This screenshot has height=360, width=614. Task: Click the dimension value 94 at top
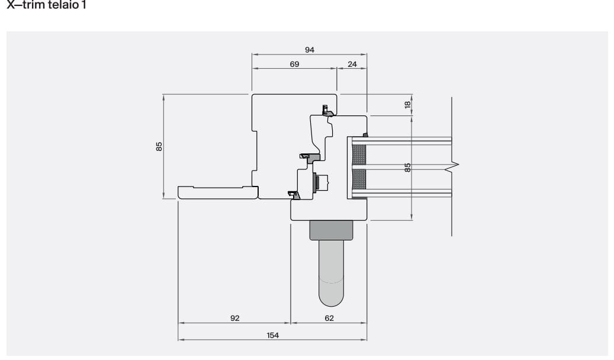pyautogui.click(x=309, y=50)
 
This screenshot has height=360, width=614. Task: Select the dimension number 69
pyautogui.click(x=294, y=64)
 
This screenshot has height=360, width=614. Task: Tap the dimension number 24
pyautogui.click(x=352, y=64)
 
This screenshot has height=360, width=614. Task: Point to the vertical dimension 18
pyautogui.click(x=407, y=104)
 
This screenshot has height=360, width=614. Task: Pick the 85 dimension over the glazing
pyautogui.click(x=407, y=168)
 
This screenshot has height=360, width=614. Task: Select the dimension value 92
pyautogui.click(x=234, y=318)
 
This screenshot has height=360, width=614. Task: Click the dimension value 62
pyautogui.click(x=329, y=318)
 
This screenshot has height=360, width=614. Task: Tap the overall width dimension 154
pyautogui.click(x=272, y=335)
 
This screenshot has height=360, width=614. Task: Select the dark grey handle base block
pyautogui.click(x=331, y=230)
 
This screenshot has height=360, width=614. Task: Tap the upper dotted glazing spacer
pyautogui.click(x=359, y=155)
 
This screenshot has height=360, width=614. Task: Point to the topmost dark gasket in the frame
pyautogui.click(x=325, y=110)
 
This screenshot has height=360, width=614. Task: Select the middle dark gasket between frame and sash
pyautogui.click(x=310, y=157)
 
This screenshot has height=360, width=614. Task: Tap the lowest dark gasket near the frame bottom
pyautogui.click(x=292, y=194)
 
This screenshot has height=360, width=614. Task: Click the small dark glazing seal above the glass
pyautogui.click(x=365, y=135)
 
